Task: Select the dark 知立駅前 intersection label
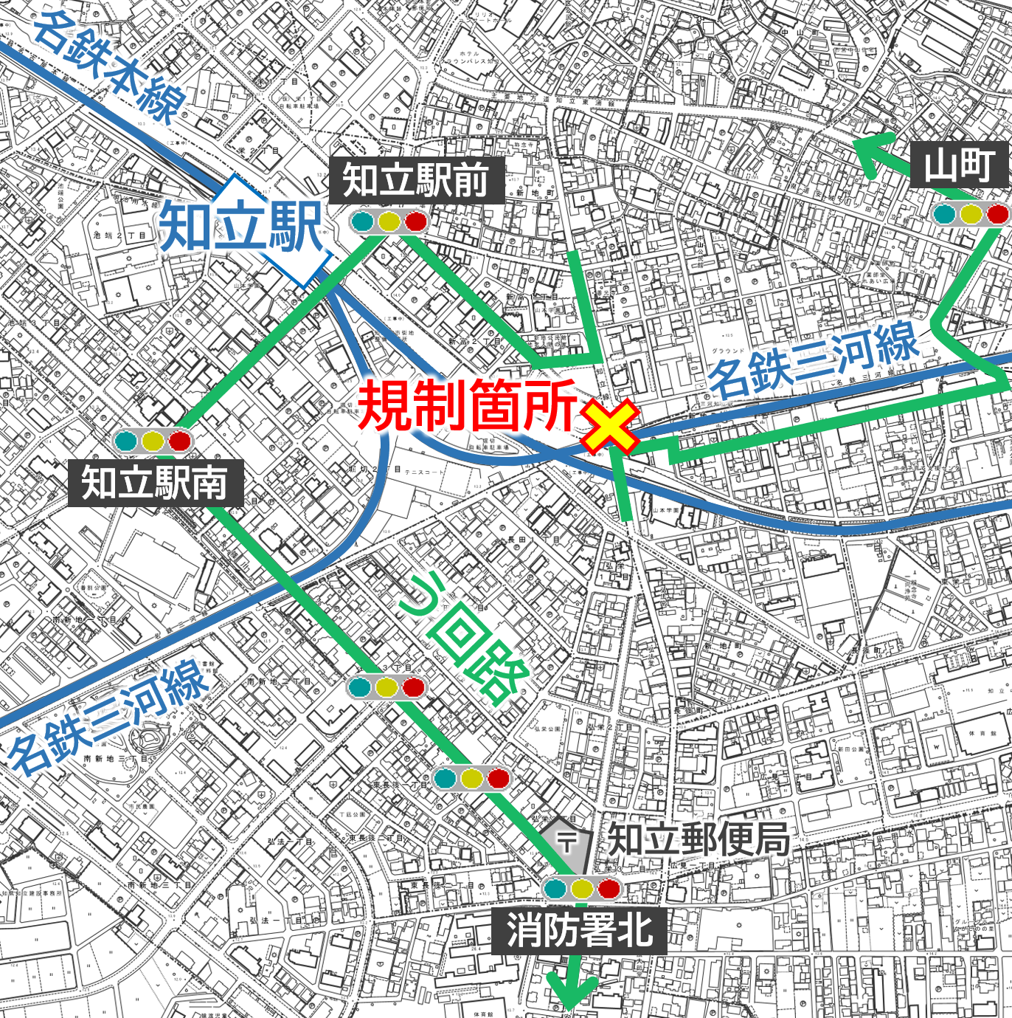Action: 416,180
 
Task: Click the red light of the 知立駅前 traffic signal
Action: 416,221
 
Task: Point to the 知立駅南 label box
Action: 155,484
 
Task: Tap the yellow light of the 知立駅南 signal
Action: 153,441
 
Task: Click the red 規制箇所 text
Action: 467,405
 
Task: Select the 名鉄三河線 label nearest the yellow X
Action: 815,360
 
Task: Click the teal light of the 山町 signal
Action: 945,214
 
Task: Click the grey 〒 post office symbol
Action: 567,842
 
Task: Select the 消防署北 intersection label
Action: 580,929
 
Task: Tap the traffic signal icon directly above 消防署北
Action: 581,888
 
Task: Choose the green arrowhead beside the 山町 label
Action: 870,151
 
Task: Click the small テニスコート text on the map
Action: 424,472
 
